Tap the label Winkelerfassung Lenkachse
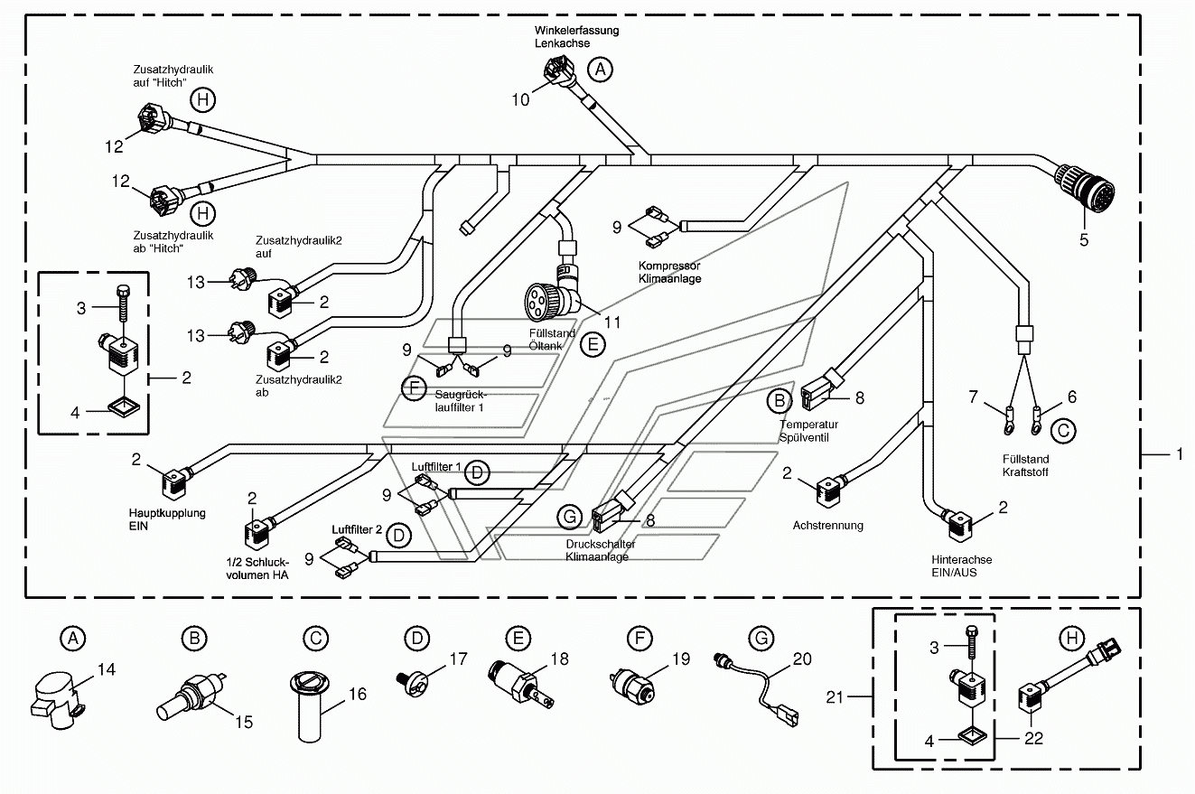(x=576, y=37)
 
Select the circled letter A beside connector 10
(x=600, y=70)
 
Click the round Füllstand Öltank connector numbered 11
(x=552, y=296)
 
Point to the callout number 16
(x=358, y=694)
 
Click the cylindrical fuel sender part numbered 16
(x=310, y=706)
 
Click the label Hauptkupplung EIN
(x=167, y=519)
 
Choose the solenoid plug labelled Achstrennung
(x=827, y=490)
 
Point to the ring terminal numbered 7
(x=1009, y=422)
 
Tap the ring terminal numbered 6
(x=1037, y=422)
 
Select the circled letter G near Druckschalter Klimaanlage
(x=570, y=517)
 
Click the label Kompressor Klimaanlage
(x=669, y=272)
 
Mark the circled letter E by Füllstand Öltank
(x=593, y=345)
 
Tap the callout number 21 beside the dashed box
(x=835, y=696)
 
